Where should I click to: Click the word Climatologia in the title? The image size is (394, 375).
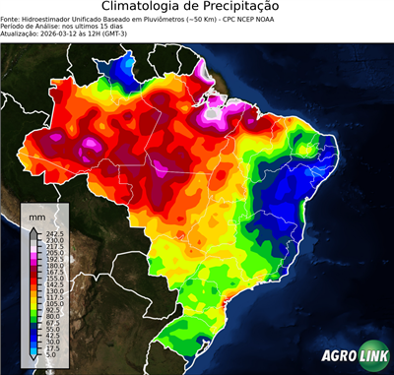pyautogui.click(x=148, y=8)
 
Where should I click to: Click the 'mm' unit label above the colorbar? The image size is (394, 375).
pyautogui.click(x=37, y=215)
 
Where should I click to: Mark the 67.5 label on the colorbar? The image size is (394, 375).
pyautogui.click(x=55, y=323)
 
